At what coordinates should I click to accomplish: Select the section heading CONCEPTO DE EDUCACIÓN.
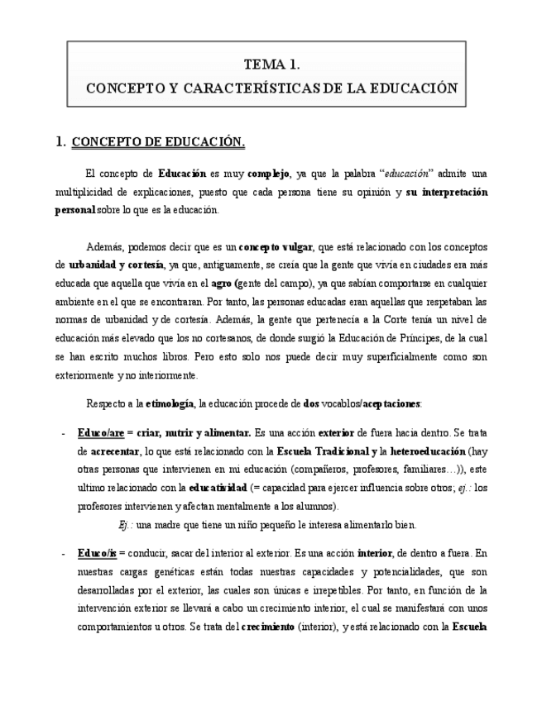(x=158, y=142)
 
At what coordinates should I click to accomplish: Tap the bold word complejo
(x=268, y=174)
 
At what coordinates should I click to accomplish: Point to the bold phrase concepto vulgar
(x=276, y=247)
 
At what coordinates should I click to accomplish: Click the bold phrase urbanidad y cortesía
(x=116, y=265)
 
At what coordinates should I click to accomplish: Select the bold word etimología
(x=170, y=404)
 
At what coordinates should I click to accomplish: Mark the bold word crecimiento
(x=268, y=627)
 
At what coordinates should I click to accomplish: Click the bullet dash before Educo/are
(x=64, y=433)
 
